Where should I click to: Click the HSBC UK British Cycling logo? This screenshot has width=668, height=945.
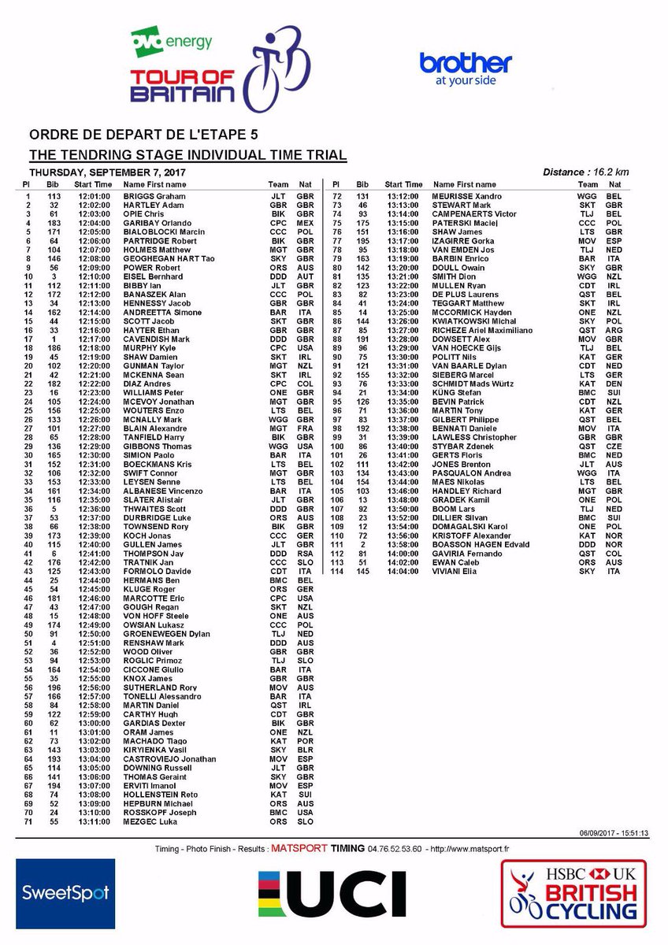coord(573,894)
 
